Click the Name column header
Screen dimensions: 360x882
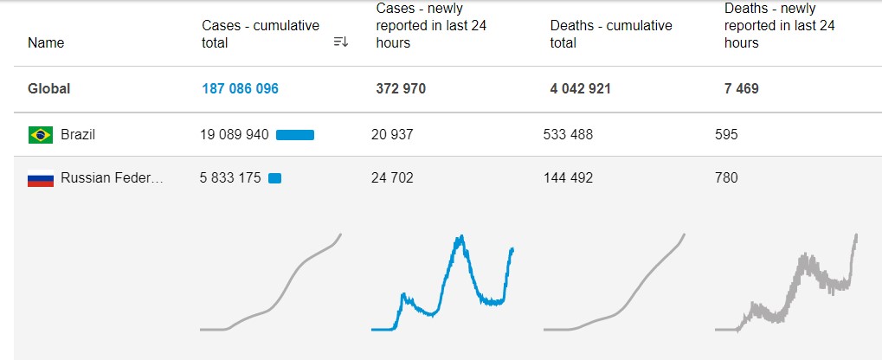(x=46, y=42)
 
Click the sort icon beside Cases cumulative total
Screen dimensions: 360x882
(x=340, y=42)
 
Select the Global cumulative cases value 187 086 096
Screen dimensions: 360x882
(x=241, y=88)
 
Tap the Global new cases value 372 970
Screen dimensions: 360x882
(x=401, y=88)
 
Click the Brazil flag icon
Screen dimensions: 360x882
(x=41, y=134)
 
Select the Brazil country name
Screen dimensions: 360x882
(x=78, y=134)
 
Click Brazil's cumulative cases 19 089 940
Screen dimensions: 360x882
(x=235, y=134)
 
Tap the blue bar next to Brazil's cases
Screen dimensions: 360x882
(x=295, y=134)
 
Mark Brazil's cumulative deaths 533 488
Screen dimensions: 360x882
(x=568, y=134)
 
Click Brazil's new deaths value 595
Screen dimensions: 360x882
(x=727, y=134)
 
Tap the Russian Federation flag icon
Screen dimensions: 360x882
(x=41, y=179)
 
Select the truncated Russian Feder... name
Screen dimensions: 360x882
(x=112, y=178)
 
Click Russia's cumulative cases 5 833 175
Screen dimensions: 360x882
(x=230, y=178)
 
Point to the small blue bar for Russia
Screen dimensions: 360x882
(x=275, y=178)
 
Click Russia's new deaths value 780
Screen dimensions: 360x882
(x=727, y=178)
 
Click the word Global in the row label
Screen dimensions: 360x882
(x=49, y=88)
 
